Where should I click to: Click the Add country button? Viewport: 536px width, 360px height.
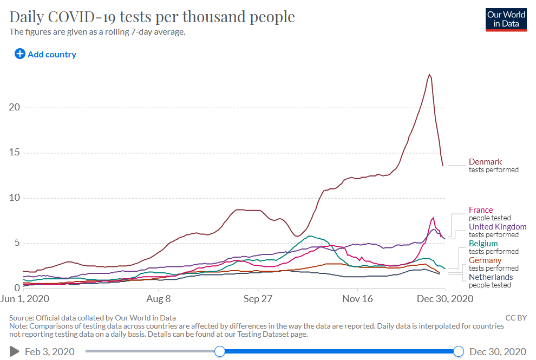pyautogui.click(x=45, y=54)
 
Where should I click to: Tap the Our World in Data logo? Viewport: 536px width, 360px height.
pyautogui.click(x=506, y=19)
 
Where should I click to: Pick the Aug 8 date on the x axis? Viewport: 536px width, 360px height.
pyautogui.click(x=159, y=298)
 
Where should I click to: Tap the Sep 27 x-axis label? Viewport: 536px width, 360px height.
pyautogui.click(x=258, y=298)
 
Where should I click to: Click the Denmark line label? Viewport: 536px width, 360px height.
pyautogui.click(x=485, y=162)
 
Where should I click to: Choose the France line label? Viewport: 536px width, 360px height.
pyautogui.click(x=481, y=210)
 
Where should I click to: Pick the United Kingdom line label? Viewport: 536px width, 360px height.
pyautogui.click(x=497, y=227)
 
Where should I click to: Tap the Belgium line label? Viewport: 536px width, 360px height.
pyautogui.click(x=483, y=244)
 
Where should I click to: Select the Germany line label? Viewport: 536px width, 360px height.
pyautogui.click(x=485, y=260)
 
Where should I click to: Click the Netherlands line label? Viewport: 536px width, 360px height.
pyautogui.click(x=491, y=277)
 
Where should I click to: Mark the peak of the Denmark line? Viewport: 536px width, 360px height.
pyautogui.click(x=429, y=74)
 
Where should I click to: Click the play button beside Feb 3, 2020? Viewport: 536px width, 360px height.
pyautogui.click(x=14, y=352)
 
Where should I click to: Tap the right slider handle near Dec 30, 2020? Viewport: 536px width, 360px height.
pyautogui.click(x=459, y=351)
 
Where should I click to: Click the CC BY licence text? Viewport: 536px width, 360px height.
pyautogui.click(x=515, y=318)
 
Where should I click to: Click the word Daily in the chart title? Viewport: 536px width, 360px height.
pyautogui.click(x=27, y=17)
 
